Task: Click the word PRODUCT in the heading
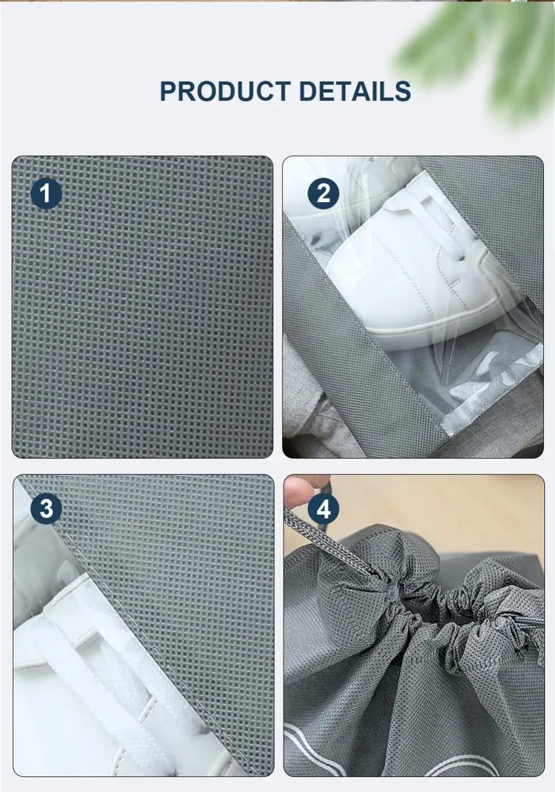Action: (225, 92)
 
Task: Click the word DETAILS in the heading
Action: (355, 92)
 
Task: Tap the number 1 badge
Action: (46, 194)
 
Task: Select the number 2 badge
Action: (323, 194)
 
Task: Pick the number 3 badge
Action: (46, 509)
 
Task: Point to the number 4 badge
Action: (324, 509)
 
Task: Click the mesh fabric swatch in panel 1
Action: (143, 311)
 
